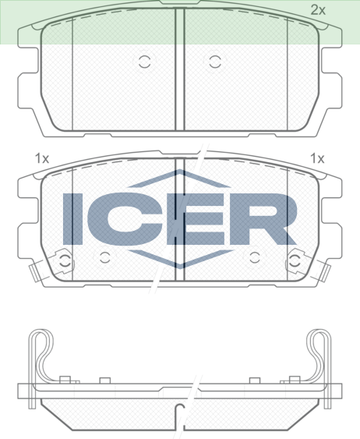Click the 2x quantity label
pos(318,10)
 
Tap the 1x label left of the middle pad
pos(41,158)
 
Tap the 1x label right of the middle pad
pos(317,158)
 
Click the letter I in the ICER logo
pos(72,218)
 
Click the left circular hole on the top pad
pos(144,62)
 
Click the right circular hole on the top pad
pos(214,62)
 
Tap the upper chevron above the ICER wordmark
pos(179,179)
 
